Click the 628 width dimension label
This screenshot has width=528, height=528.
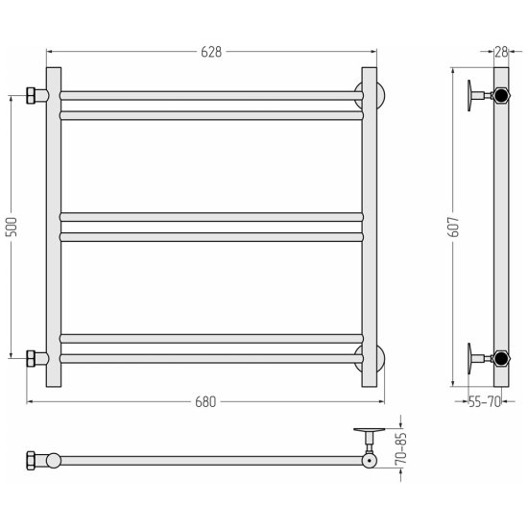[211, 52]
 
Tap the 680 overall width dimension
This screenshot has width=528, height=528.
[205, 401]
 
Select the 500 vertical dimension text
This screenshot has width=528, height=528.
[12, 227]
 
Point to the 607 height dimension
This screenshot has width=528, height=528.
[454, 227]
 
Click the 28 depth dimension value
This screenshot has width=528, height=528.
[501, 52]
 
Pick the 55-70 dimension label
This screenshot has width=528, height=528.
[485, 401]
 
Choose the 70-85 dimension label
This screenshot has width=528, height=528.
[401, 448]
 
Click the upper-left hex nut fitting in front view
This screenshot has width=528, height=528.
[31, 96]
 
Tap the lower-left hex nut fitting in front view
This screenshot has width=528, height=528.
[31, 358]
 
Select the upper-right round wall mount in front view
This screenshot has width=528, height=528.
[380, 95]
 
